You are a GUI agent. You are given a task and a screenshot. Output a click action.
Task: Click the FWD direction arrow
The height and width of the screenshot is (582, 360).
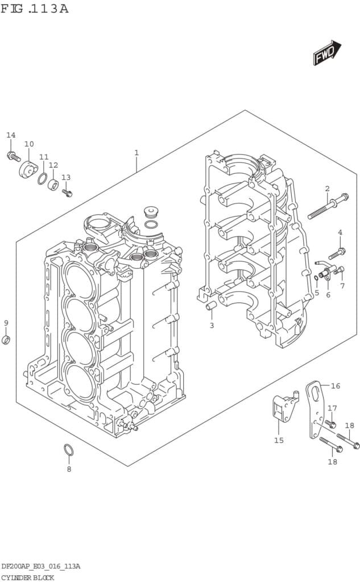[326, 53]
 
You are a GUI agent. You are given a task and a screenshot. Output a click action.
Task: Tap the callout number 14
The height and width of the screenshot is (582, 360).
[11, 135]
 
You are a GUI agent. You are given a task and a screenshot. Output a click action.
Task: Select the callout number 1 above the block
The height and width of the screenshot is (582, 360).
[136, 152]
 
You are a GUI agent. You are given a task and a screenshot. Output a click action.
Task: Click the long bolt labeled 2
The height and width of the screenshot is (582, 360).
[328, 206]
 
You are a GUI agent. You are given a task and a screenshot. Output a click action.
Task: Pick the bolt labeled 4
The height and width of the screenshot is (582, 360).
[337, 251]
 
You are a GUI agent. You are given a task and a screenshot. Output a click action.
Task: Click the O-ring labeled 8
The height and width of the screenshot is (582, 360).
[68, 450]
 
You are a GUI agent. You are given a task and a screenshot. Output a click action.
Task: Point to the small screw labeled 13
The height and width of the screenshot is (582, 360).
[67, 193]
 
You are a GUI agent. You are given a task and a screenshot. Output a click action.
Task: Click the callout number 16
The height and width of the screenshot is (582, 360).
[336, 386]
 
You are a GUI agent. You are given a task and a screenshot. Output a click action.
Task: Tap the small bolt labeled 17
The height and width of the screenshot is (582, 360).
[331, 423]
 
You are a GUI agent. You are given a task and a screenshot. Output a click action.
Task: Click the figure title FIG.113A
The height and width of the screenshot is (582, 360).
[35, 9]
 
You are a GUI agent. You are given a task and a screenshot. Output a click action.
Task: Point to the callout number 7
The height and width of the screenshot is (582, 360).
[342, 286]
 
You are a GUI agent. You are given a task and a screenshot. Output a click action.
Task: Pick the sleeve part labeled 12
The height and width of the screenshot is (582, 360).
[53, 184]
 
